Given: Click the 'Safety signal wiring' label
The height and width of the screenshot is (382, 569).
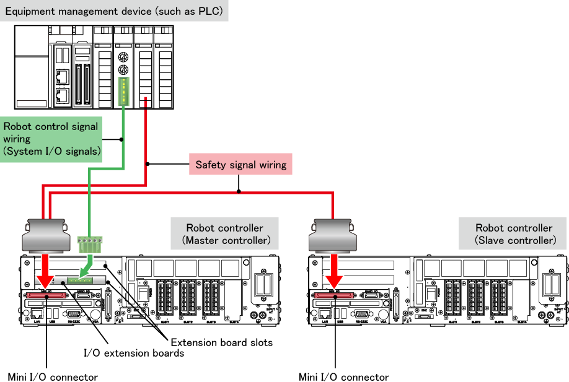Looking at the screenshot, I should click(x=240, y=165).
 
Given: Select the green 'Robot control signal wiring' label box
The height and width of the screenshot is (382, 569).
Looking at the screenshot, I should click(x=51, y=139).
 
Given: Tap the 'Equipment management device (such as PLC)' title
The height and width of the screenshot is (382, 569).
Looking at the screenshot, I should click(x=114, y=11).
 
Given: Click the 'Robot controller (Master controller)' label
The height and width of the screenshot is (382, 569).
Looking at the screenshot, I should click(x=224, y=233).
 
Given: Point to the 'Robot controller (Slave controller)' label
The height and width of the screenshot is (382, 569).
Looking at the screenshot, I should click(x=513, y=233).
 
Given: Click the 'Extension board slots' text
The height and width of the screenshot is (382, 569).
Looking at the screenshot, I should click(x=221, y=342).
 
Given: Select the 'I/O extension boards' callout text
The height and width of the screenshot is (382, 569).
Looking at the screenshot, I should click(x=134, y=353).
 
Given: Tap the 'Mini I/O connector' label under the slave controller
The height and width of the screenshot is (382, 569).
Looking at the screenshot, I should click(x=343, y=376).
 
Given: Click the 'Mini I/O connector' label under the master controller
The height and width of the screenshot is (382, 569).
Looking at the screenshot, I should click(x=53, y=376).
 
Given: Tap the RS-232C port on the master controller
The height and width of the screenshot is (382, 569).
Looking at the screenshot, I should click(x=72, y=313).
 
